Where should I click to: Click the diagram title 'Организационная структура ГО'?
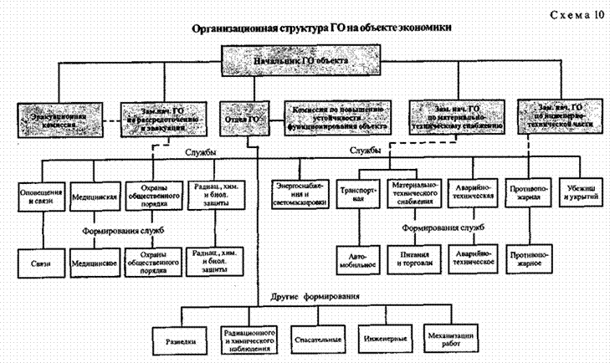(x=323, y=28)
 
